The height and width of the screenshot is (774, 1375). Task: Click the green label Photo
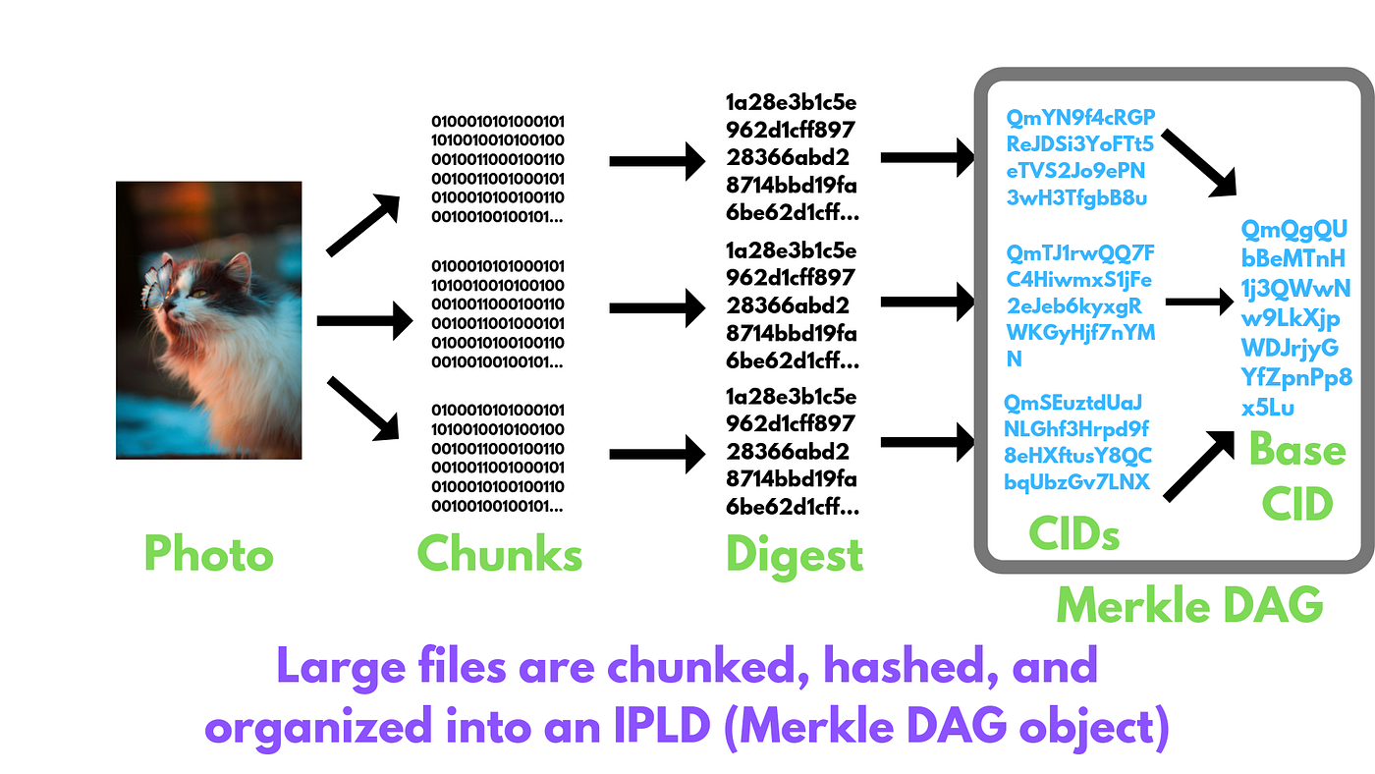coord(208,554)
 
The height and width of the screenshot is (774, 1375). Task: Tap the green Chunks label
coord(500,554)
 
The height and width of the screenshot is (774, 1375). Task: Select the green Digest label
coord(794,554)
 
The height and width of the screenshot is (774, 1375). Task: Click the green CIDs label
coord(1073,533)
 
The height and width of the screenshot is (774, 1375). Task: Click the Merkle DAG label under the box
coord(1189,605)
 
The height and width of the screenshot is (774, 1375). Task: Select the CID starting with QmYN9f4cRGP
coord(1080,158)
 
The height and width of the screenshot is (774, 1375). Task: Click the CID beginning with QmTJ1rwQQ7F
coord(1080,304)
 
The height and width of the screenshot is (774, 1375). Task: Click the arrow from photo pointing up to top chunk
coord(362,225)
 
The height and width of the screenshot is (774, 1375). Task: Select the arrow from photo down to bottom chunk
coord(362,408)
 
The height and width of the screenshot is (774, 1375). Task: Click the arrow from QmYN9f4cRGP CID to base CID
coord(1198,161)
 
